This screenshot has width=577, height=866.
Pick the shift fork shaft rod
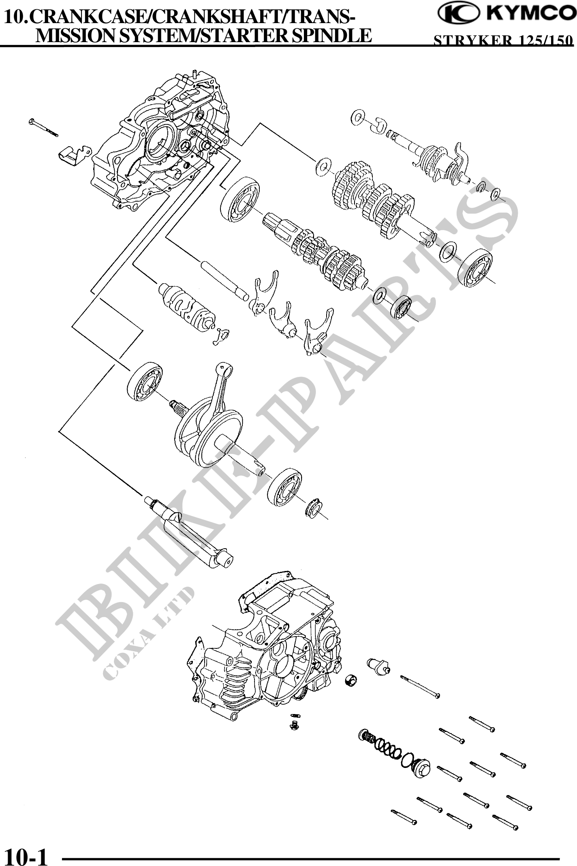pyautogui.click(x=224, y=280)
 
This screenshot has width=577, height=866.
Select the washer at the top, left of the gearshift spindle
pyautogui.click(x=357, y=117)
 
